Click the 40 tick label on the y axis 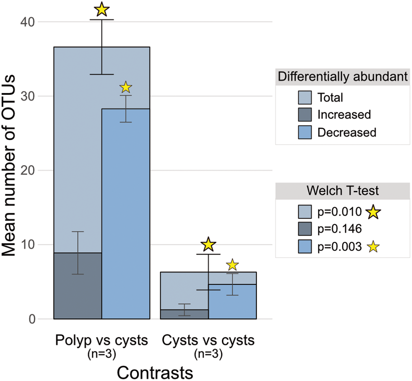point(27,22)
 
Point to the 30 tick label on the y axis point(27,96)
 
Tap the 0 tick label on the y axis point(32,319)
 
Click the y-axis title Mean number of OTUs point(9,165)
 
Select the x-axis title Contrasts point(155,373)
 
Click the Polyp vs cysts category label point(101,340)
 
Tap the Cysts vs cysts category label point(208,340)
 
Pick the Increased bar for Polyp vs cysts point(78,286)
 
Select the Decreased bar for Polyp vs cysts point(126,214)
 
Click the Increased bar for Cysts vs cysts point(184,314)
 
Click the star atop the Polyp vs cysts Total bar point(102,9)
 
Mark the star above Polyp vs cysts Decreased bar point(126,87)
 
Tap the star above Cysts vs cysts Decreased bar point(233,265)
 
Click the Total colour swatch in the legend point(305,98)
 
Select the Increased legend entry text point(344,115)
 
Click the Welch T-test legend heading point(342,191)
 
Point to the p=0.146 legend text point(339,229)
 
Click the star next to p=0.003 point(373,247)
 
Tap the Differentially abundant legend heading point(342,77)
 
